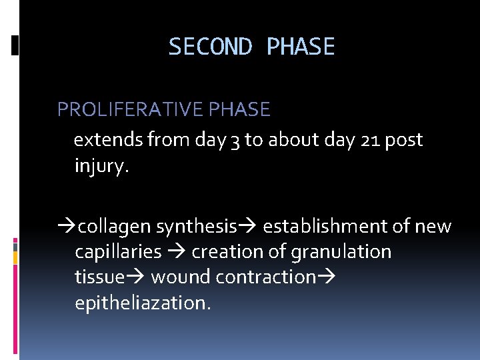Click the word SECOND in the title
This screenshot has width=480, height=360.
pos(210,47)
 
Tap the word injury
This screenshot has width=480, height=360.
pos(100,166)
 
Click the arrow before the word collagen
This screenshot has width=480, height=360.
pos(67,227)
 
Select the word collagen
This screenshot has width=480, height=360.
pos(115,227)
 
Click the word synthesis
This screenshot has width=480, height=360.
pos(197,227)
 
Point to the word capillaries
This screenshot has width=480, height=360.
pos(118,252)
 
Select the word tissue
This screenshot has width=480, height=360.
pos(99,277)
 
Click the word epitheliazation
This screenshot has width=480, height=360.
pos(143,303)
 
